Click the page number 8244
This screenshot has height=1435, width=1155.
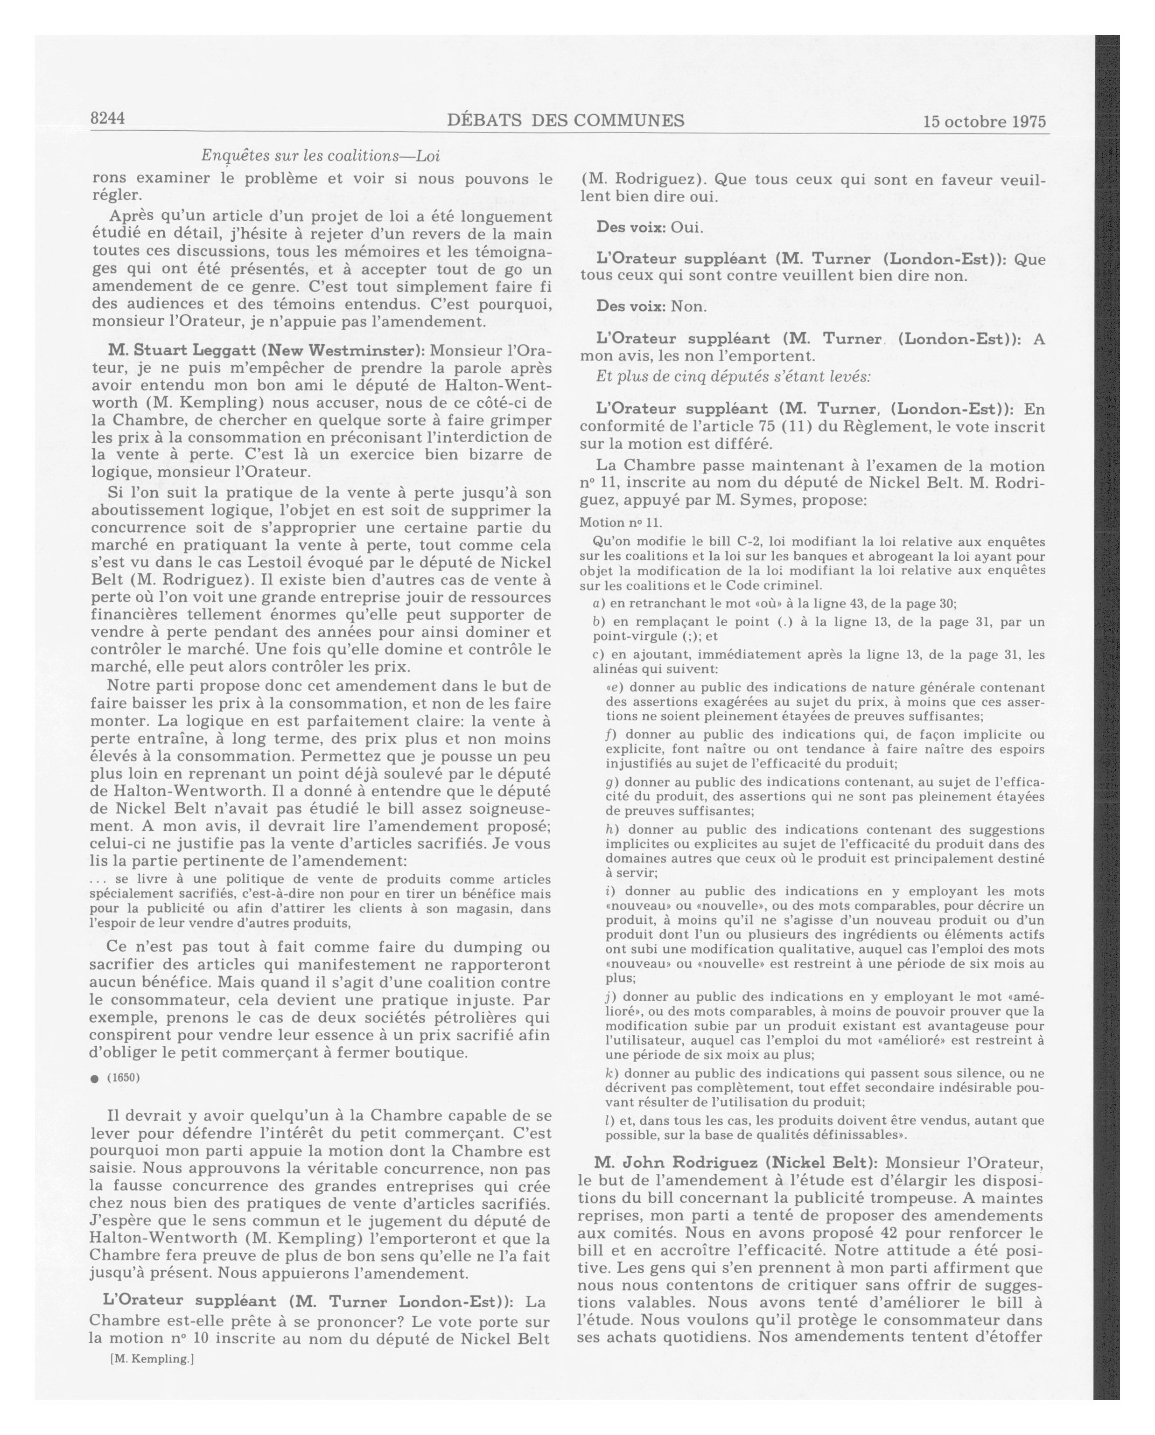pos(108,118)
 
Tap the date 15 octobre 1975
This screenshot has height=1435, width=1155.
pos(984,122)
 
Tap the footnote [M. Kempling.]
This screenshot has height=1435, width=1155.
pos(152,1358)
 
